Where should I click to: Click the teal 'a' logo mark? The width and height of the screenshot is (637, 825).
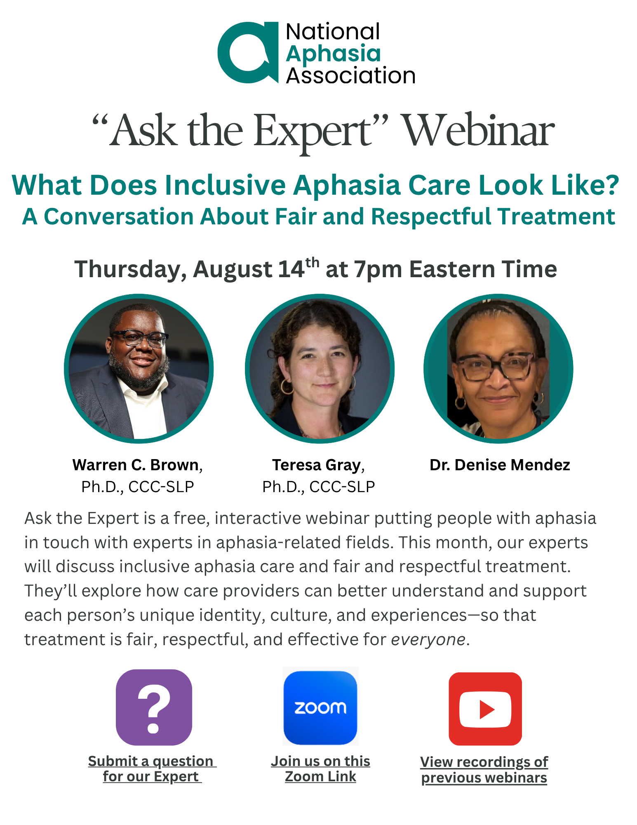click(248, 52)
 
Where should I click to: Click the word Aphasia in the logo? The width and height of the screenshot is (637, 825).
click(333, 54)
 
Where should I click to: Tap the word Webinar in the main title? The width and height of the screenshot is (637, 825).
click(478, 131)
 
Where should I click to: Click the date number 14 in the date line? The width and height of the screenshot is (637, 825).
click(291, 269)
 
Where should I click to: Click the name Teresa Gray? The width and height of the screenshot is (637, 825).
click(316, 465)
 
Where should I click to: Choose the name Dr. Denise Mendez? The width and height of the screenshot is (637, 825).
click(500, 465)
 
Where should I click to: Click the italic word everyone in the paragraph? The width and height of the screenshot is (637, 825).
click(428, 639)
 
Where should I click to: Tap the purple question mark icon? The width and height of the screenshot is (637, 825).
click(154, 707)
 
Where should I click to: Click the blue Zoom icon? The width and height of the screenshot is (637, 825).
click(320, 707)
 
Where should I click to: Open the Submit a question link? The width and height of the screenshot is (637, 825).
click(152, 769)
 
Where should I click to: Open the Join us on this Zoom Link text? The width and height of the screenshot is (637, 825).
click(320, 769)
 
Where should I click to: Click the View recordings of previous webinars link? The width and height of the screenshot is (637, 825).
click(484, 770)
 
